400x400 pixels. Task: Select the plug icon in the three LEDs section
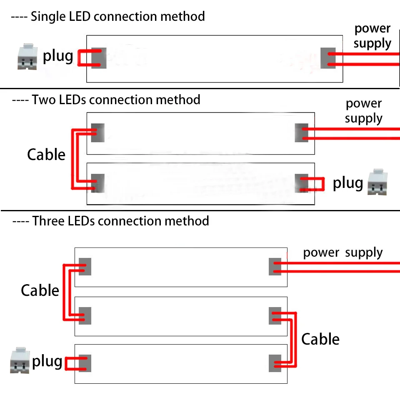(x=20, y=360)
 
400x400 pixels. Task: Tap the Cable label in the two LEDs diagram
(x=46, y=155)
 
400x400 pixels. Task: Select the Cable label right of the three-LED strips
(x=320, y=339)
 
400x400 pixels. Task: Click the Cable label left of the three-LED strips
(x=40, y=290)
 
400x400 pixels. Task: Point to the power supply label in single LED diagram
(x=372, y=36)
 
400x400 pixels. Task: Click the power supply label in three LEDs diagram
(x=342, y=252)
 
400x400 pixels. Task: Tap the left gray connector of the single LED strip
(x=99, y=58)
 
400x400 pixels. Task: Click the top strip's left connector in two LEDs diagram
(x=97, y=132)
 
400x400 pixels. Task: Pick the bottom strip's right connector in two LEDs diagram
(x=301, y=183)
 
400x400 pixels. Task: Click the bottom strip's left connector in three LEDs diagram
(x=85, y=363)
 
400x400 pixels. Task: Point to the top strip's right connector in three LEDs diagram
(x=276, y=267)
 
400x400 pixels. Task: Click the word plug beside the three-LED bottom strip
(x=47, y=361)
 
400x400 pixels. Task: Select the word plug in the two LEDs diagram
(x=347, y=182)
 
